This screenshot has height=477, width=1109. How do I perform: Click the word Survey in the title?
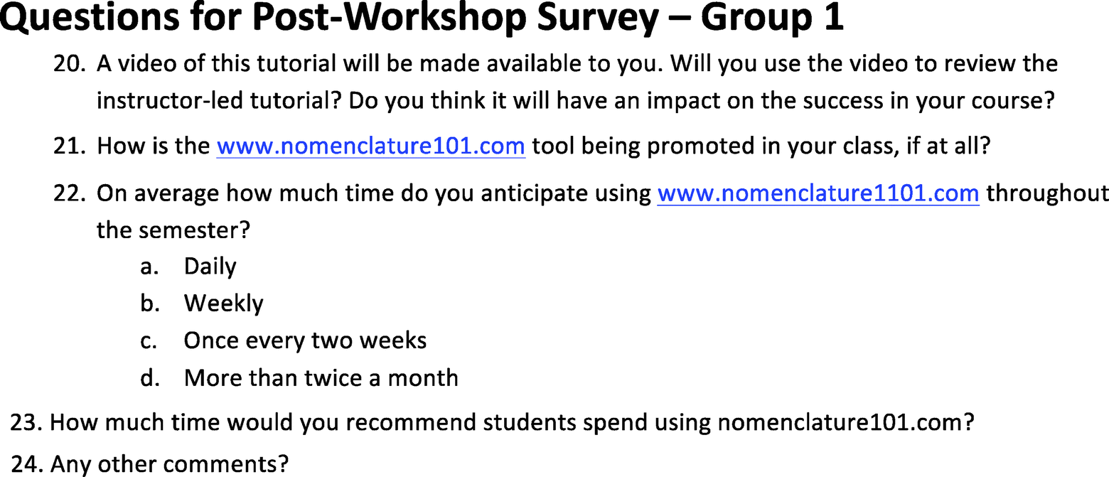[x=598, y=18]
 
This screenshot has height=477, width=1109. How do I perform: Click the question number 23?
[x=28, y=422]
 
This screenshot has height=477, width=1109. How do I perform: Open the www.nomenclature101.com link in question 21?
[x=371, y=146]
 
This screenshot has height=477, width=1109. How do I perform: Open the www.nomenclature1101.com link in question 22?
[x=818, y=193]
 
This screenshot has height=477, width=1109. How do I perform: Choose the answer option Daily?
[x=210, y=267]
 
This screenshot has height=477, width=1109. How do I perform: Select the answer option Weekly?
[x=224, y=303]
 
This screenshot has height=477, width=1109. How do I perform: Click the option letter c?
[x=149, y=341]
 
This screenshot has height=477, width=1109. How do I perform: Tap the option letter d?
[x=150, y=378]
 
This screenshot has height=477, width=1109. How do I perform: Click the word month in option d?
[x=423, y=378]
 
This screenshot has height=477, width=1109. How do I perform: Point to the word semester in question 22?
[x=191, y=230]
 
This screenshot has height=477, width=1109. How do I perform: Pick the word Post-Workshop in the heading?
[x=389, y=18]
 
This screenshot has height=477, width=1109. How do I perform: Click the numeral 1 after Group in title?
[x=834, y=18]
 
